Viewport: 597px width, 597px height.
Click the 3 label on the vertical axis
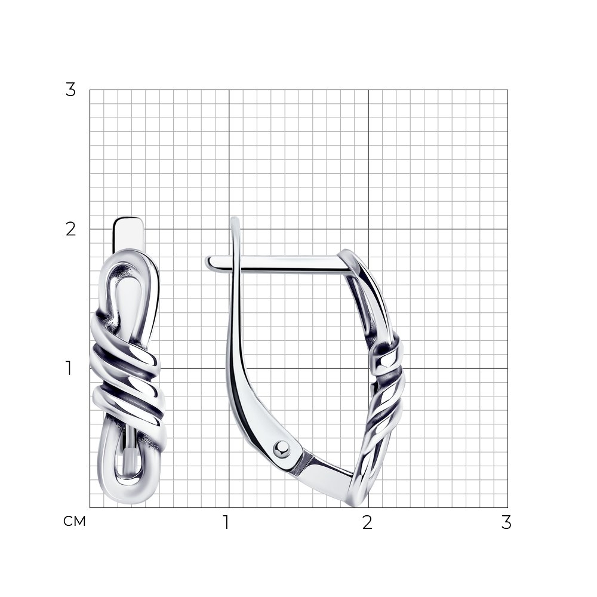click(x=70, y=90)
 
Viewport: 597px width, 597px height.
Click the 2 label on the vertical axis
click(x=71, y=229)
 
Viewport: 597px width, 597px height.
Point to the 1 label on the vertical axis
click(x=69, y=368)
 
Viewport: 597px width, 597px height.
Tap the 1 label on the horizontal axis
click(x=226, y=522)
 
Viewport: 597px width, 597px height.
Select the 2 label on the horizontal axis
click(x=367, y=522)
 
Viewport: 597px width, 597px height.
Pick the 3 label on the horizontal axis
click(x=506, y=522)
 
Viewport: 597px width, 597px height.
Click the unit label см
click(x=75, y=521)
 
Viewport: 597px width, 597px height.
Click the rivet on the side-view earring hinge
click(x=282, y=448)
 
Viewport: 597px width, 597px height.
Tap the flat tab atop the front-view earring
click(x=128, y=233)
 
